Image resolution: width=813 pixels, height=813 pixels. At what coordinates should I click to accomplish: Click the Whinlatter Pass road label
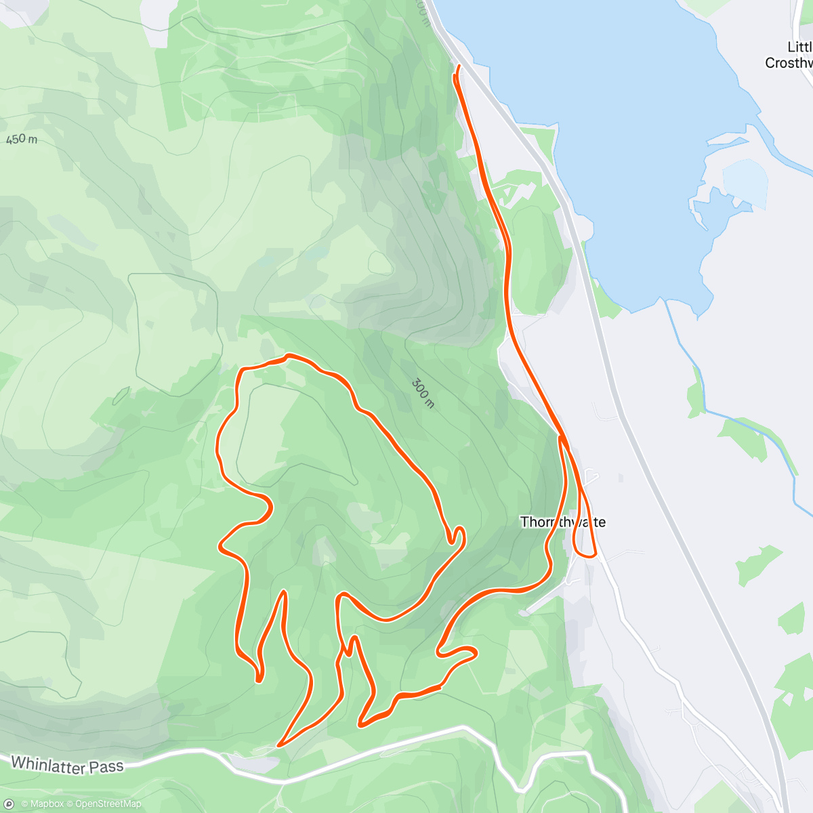coord(67,765)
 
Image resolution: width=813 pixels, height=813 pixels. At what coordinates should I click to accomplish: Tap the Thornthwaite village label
coord(563,522)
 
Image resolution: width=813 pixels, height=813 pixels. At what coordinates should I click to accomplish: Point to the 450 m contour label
coord(22,140)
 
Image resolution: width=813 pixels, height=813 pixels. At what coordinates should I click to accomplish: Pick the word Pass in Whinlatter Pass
coord(105,767)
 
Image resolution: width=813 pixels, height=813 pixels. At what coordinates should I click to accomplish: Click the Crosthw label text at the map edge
coord(789,63)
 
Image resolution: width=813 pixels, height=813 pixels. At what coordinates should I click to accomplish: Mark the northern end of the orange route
coord(459,66)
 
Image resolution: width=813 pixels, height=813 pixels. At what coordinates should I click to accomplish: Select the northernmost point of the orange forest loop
coord(289,355)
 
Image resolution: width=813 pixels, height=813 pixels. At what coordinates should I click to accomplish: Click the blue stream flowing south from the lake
coord(684,352)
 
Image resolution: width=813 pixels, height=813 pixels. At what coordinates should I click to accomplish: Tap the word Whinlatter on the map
coord(47,764)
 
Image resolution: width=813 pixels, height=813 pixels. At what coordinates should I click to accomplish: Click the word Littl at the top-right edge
coord(799,47)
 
